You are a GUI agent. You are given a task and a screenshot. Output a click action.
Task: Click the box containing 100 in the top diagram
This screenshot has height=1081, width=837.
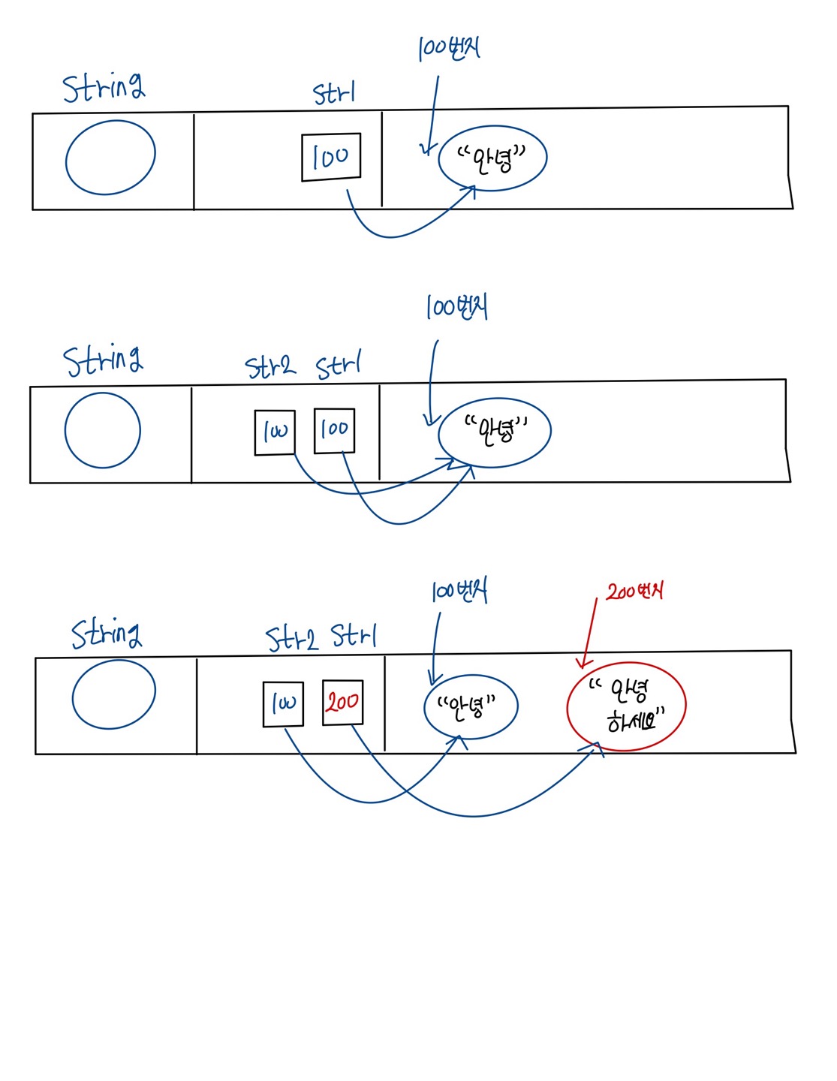331,157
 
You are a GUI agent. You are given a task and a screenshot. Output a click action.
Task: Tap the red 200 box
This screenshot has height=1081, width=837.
342,702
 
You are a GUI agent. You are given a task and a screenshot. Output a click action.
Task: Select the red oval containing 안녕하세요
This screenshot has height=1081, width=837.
626,706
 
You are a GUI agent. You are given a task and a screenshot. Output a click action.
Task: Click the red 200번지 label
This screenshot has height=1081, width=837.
634,592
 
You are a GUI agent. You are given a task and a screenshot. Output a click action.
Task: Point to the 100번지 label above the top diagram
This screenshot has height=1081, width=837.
449,49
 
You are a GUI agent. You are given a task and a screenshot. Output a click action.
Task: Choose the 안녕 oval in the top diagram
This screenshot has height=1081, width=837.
492,158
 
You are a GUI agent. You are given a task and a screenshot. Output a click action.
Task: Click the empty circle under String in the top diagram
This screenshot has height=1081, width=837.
110,158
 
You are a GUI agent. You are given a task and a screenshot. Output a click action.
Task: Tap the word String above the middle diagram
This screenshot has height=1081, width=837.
103,361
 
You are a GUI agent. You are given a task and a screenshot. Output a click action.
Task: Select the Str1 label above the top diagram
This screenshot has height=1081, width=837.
334,94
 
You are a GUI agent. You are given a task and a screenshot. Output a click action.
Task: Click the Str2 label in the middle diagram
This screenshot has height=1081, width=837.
270,366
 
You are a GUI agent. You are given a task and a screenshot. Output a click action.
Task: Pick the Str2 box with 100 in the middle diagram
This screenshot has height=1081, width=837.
275,432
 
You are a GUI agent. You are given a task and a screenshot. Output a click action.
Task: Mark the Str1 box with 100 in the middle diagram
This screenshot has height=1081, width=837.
334,430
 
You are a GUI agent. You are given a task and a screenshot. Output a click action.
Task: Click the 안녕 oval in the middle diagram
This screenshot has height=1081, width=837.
495,432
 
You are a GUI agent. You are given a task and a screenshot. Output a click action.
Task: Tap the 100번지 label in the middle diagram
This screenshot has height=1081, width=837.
457,307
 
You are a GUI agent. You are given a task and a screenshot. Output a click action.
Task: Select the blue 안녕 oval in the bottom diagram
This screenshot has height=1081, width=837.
471,706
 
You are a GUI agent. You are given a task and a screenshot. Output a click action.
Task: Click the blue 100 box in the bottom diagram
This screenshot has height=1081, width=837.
283,704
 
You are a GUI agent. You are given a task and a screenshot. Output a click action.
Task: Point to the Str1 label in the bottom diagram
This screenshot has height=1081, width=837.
354,636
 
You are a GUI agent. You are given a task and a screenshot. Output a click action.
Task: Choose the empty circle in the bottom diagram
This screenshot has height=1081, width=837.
113,694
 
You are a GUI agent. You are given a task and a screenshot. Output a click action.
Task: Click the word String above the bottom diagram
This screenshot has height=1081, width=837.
107,634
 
